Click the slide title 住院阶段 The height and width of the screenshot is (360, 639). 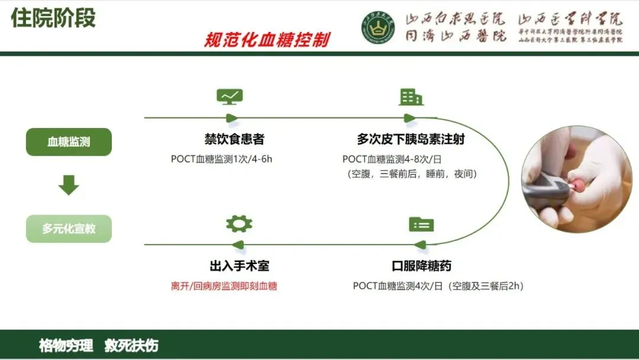pos(53,18)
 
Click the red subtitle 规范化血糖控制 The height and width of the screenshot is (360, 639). pos(267,40)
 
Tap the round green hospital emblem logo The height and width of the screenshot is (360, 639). pos(379,28)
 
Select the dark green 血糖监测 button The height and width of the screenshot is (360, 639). pos(69,142)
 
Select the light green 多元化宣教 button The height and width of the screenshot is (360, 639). pos(69,229)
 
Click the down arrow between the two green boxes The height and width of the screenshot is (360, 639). pos(69,185)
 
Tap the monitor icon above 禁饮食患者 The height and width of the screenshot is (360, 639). pos(230,97)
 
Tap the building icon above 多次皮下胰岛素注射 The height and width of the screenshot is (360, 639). pos(411,97)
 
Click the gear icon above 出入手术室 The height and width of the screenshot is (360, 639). pos(239,224)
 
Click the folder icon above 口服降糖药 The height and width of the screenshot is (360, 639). pos(421,224)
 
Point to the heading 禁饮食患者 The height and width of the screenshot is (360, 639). pos(234,139)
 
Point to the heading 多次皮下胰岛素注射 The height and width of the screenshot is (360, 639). pos(411,139)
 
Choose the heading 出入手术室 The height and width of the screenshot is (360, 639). pos(239,266)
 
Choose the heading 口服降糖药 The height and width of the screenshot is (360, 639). pos(421,266)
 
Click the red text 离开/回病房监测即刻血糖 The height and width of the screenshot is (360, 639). pos(224,286)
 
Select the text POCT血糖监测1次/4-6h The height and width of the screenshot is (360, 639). pos(221,159)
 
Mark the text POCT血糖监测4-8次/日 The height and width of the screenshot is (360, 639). pos(392,159)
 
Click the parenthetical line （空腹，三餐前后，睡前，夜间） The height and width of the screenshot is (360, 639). pos(412,174)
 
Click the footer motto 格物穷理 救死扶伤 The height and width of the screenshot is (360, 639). pos(99,346)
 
